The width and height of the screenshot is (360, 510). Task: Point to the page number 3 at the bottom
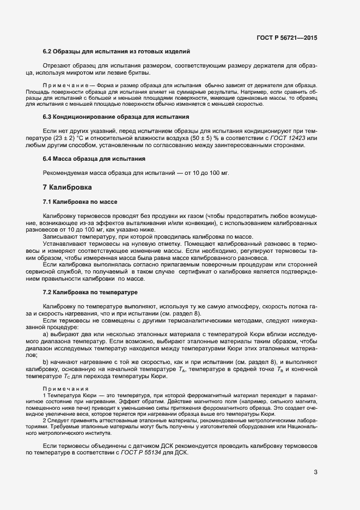pyautogui.click(x=315, y=472)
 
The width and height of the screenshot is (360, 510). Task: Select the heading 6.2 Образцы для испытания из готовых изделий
pyautogui.click(x=116, y=51)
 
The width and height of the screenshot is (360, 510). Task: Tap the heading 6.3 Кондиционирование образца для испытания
pyautogui.click(x=116, y=117)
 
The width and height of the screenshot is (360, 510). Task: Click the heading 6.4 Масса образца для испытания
pyautogui.click(x=94, y=159)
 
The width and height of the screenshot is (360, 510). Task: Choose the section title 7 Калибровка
pyautogui.click(x=67, y=187)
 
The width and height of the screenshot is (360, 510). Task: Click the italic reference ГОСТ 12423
pyautogui.click(x=289, y=138)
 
